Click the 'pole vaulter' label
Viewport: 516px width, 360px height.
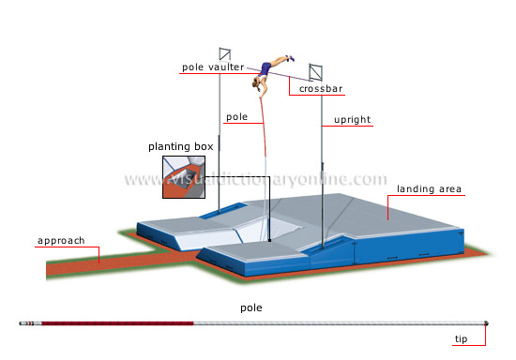pyautogui.click(x=213, y=67)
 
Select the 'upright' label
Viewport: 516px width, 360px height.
pyautogui.click(x=353, y=121)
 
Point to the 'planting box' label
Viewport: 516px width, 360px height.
pyautogui.click(x=181, y=146)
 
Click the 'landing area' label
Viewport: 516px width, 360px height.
pyautogui.click(x=429, y=188)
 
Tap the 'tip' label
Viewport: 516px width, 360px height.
pyautogui.click(x=461, y=340)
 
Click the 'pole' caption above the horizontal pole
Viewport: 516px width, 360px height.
pyautogui.click(x=251, y=307)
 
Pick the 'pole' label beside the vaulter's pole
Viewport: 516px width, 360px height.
pyautogui.click(x=235, y=118)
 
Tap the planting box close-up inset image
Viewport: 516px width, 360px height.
pyautogui.click(x=182, y=178)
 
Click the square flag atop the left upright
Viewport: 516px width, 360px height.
pyautogui.click(x=223, y=53)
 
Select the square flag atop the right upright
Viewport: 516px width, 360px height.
pyautogui.click(x=314, y=71)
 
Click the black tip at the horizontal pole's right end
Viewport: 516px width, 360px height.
pyautogui.click(x=486, y=323)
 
